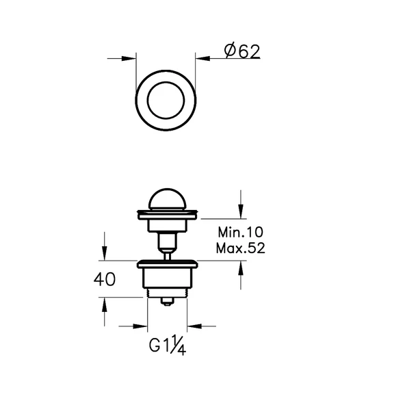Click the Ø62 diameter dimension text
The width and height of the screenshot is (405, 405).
(241, 51)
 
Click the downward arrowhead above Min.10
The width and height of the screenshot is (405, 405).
(240, 209)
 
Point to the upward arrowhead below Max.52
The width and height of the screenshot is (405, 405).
(240, 267)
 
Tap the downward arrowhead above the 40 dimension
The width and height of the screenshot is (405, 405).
(103, 254)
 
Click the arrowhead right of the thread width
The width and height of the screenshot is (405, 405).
(191, 326)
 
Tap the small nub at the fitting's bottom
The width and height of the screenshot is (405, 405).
(166, 300)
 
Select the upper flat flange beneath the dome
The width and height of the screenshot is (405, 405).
(166, 214)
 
